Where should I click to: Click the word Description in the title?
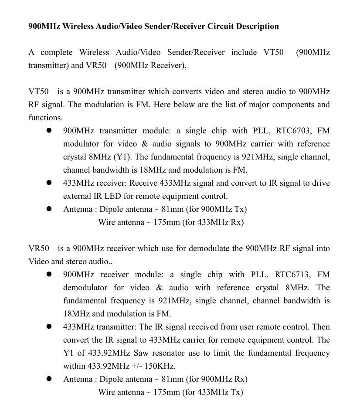click(x=257, y=26)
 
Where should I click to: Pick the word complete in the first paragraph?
click(x=57, y=52)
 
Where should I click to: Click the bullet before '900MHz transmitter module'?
click(x=49, y=131)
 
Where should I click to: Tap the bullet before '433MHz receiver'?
click(x=49, y=183)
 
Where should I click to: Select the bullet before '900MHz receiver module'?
click(x=49, y=275)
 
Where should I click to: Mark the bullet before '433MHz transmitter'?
click(x=49, y=327)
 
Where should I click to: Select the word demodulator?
click(x=85, y=288)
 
